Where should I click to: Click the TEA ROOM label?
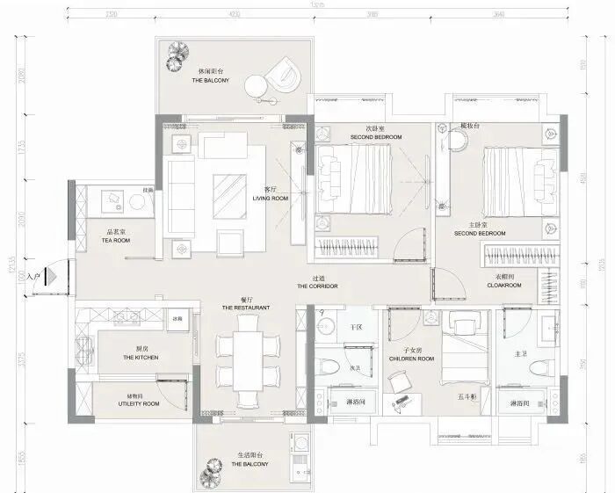pyautogui.click(x=115, y=240)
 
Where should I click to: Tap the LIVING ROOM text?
pyautogui.click(x=271, y=199)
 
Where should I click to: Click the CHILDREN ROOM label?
pyautogui.click(x=413, y=359)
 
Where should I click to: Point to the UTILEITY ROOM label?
pyautogui.click(x=139, y=403)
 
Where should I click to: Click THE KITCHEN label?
pyautogui.click(x=141, y=358)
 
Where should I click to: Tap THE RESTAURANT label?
pyautogui.click(x=245, y=308)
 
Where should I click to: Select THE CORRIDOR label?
pyautogui.click(x=317, y=286)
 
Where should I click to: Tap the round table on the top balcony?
pyautogui.click(x=256, y=85)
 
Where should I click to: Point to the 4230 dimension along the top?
pyautogui.click(x=234, y=15)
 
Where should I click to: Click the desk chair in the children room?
pyautogui.click(x=399, y=380)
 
